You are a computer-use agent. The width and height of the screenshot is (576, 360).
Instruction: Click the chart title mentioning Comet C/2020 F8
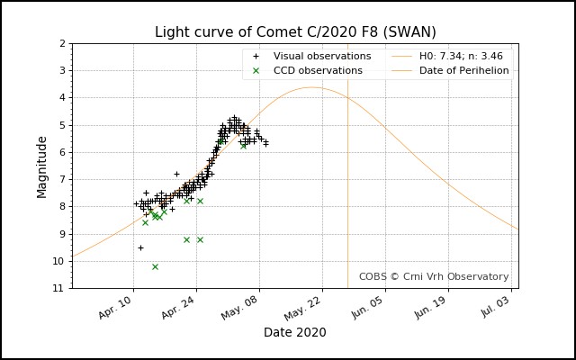(295, 32)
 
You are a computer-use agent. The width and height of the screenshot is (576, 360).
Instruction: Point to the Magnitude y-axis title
(42, 166)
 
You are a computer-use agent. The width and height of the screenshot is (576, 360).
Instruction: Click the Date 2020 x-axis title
(295, 332)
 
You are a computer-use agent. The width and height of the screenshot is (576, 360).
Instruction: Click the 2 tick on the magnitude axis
(60, 43)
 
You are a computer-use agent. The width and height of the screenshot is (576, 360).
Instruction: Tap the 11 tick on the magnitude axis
(58, 288)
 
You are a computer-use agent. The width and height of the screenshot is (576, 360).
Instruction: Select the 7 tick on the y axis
(60, 179)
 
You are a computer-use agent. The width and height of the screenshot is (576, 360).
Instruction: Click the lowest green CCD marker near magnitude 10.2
(155, 266)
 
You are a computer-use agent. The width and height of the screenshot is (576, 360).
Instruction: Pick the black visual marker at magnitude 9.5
(140, 247)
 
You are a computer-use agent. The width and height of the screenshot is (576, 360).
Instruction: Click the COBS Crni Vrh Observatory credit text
(434, 277)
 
